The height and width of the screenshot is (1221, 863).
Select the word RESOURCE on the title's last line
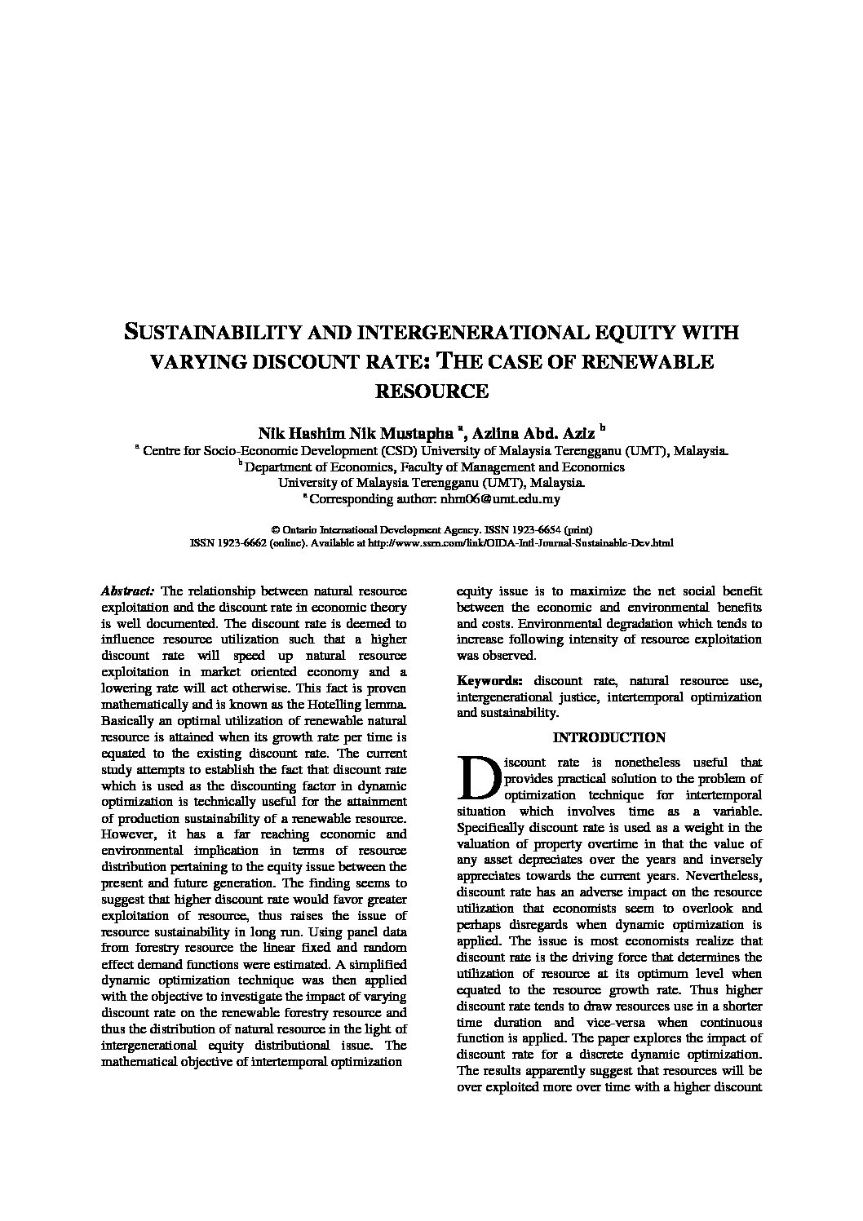click(431, 391)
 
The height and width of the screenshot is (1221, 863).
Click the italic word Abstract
click(127, 591)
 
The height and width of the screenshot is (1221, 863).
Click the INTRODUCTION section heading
click(609, 737)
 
